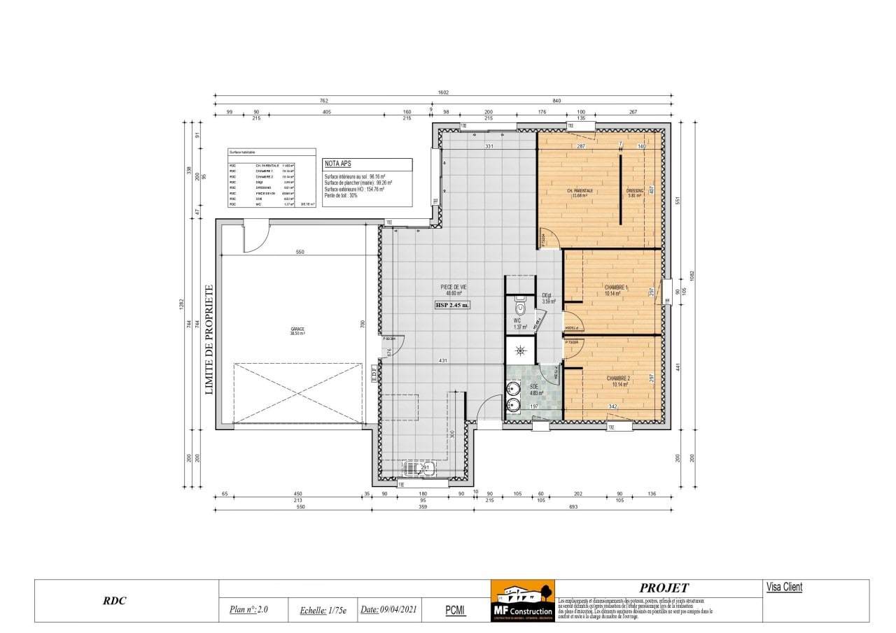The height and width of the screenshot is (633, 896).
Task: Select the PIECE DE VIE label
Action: (453, 287)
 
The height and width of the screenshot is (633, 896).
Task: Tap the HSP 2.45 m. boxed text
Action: (453, 305)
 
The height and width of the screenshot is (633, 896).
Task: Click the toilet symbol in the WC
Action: (520, 307)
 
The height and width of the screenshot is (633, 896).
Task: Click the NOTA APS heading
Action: (337, 164)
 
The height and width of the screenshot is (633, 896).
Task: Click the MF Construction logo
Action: (522, 601)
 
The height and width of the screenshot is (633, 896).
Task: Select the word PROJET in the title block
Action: (663, 588)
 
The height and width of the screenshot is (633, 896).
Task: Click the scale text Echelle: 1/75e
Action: (323, 610)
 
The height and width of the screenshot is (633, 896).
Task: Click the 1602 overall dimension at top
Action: (442, 92)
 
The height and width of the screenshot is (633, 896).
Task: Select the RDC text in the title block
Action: (114, 601)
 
